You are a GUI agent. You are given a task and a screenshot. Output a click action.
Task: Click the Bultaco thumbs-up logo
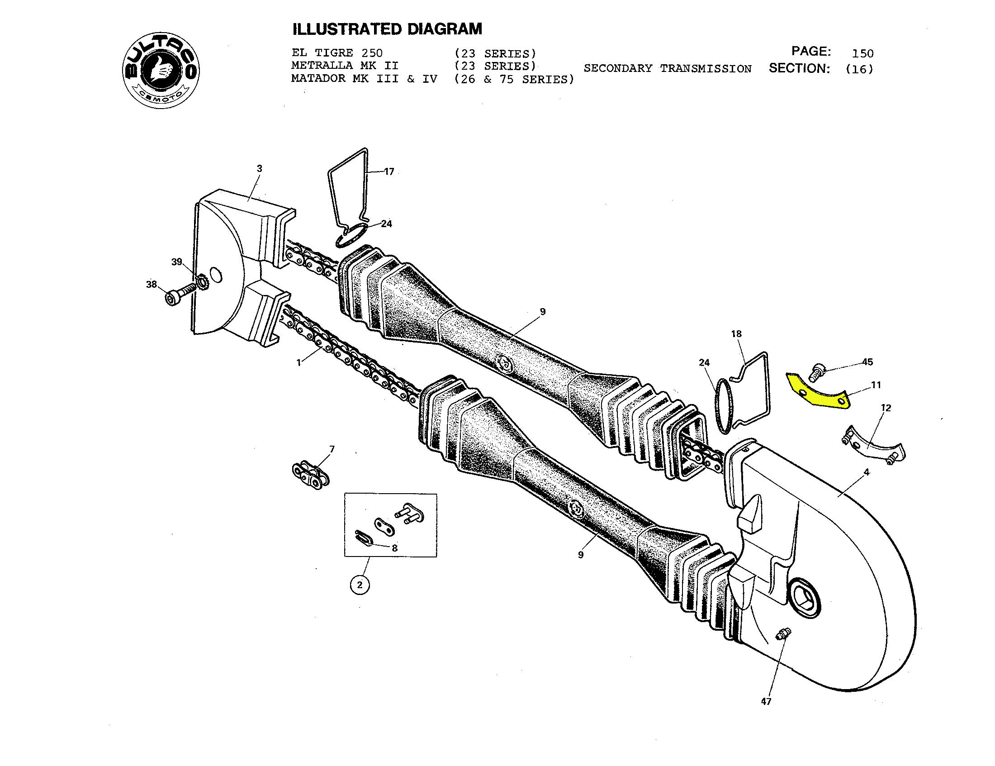161,71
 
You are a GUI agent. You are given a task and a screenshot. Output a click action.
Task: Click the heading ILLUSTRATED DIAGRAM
387,29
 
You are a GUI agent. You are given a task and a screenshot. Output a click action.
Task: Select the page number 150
862,53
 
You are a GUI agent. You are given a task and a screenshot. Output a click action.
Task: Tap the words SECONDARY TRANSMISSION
668,69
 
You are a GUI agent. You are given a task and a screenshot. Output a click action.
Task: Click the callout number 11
876,385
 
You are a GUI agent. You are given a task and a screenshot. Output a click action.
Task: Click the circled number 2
360,585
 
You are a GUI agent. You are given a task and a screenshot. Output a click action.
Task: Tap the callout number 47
766,702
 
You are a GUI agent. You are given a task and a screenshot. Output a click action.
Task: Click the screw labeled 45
816,371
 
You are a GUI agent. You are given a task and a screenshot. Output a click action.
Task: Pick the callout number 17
389,172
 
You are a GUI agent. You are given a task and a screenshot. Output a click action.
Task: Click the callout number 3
259,169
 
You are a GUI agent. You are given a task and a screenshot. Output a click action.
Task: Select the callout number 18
736,334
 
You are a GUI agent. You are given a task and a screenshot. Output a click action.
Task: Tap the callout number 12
886,408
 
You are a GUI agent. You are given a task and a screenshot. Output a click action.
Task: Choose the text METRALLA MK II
345,66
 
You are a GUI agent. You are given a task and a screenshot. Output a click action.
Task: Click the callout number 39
176,262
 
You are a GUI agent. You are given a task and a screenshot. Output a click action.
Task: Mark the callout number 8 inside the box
394,548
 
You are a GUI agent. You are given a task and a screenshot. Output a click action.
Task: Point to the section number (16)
859,69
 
